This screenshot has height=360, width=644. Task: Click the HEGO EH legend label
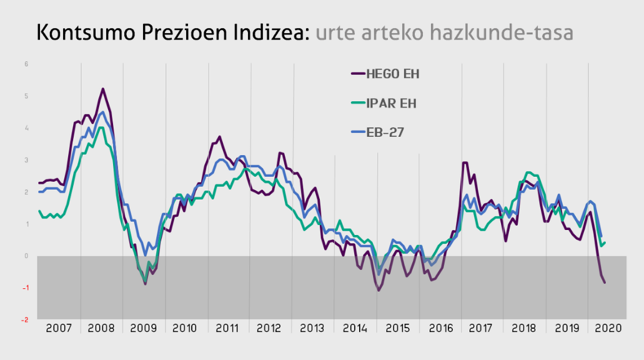392,74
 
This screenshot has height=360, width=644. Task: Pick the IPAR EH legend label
390,104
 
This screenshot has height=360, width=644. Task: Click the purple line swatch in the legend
357,74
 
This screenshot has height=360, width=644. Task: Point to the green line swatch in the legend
357,104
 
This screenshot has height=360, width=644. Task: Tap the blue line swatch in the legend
357,132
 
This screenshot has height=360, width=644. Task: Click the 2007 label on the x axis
59,329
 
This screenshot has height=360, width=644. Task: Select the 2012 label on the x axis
270,329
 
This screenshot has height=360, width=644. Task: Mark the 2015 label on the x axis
397,329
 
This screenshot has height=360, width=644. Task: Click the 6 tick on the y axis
26,64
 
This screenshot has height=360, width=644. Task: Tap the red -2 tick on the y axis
25,320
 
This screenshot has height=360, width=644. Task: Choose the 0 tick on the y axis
26,256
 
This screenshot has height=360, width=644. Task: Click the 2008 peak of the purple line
102,89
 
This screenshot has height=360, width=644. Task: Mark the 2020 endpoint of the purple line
605,282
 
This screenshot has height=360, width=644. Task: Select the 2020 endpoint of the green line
605,242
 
